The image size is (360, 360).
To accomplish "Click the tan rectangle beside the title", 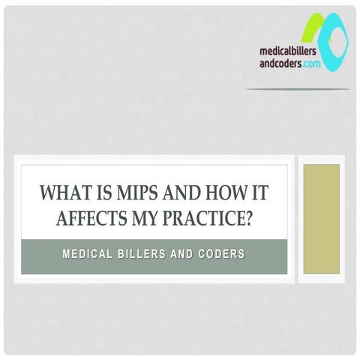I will click(321, 218).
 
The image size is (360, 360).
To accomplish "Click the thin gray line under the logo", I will click(298, 88).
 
